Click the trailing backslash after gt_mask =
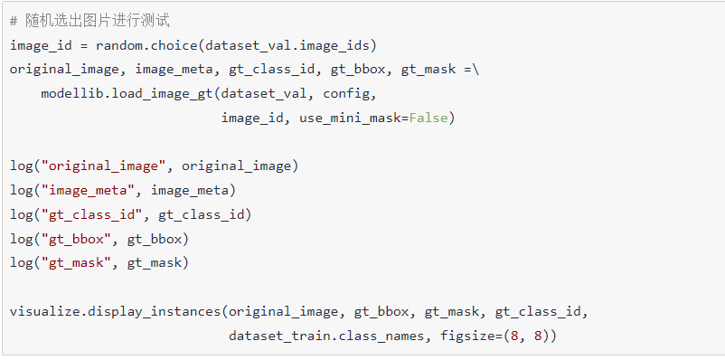click(x=476, y=70)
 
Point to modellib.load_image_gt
click(x=127, y=94)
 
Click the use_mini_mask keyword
click(x=353, y=118)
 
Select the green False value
click(x=428, y=118)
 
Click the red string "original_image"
click(x=103, y=166)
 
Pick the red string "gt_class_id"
click(x=91, y=214)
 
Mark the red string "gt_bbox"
click(x=76, y=239)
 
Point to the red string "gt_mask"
click(x=76, y=263)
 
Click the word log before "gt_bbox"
click(x=22, y=239)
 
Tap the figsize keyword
click(x=467, y=336)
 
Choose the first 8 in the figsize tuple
click(x=514, y=336)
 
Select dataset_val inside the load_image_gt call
click(x=264, y=94)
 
